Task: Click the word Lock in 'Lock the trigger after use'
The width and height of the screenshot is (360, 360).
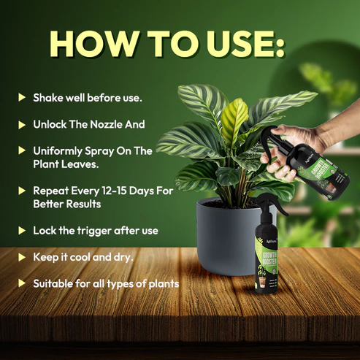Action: tap(45, 230)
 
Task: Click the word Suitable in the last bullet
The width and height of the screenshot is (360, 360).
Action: tap(55, 283)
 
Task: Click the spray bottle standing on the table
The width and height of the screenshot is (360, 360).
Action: tap(272, 260)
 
